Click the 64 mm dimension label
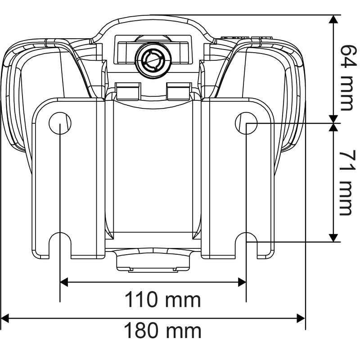[346, 76]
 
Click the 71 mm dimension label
[346, 182]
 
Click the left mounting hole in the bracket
[60, 122]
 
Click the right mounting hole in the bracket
[246, 122]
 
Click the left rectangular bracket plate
[67, 180]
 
